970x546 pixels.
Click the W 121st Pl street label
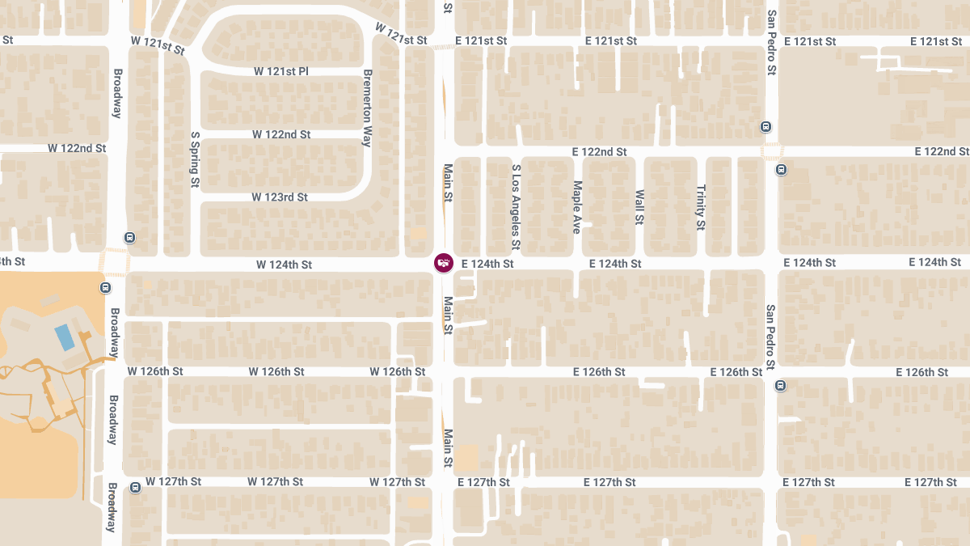click(x=281, y=71)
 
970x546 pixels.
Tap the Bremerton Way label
click(x=367, y=108)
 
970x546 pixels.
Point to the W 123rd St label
click(x=280, y=197)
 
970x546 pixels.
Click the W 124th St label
click(x=285, y=265)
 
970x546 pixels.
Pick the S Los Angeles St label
click(x=517, y=206)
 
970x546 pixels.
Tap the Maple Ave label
click(x=577, y=207)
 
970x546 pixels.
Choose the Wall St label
click(x=639, y=207)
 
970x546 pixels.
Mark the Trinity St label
click(x=701, y=206)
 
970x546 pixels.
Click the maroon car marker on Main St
click(x=443, y=262)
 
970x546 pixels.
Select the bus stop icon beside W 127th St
click(x=135, y=487)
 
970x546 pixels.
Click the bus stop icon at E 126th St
click(x=780, y=385)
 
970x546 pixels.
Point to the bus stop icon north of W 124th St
click(x=129, y=238)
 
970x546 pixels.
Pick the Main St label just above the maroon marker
click(x=448, y=183)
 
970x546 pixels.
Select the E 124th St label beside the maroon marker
click(x=487, y=264)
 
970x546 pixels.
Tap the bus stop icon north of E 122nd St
click(x=765, y=126)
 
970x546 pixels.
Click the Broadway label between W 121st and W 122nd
click(x=116, y=92)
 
